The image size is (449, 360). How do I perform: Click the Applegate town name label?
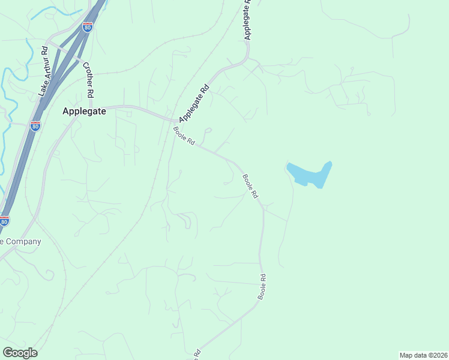[x=84, y=111]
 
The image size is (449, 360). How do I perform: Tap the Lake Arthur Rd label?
[x=43, y=71]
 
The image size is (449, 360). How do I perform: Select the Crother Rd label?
[x=88, y=80]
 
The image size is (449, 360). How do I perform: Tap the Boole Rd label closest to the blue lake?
[x=250, y=187]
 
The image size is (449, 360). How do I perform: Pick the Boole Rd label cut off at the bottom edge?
[x=196, y=354]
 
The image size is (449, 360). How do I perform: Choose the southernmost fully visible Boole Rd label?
[x=262, y=287]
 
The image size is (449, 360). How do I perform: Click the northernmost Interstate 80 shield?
[x=88, y=27]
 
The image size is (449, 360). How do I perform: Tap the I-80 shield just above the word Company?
[x=4, y=221]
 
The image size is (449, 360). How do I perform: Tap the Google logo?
[x=20, y=352]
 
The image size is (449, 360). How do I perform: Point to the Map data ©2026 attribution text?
[x=423, y=355]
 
